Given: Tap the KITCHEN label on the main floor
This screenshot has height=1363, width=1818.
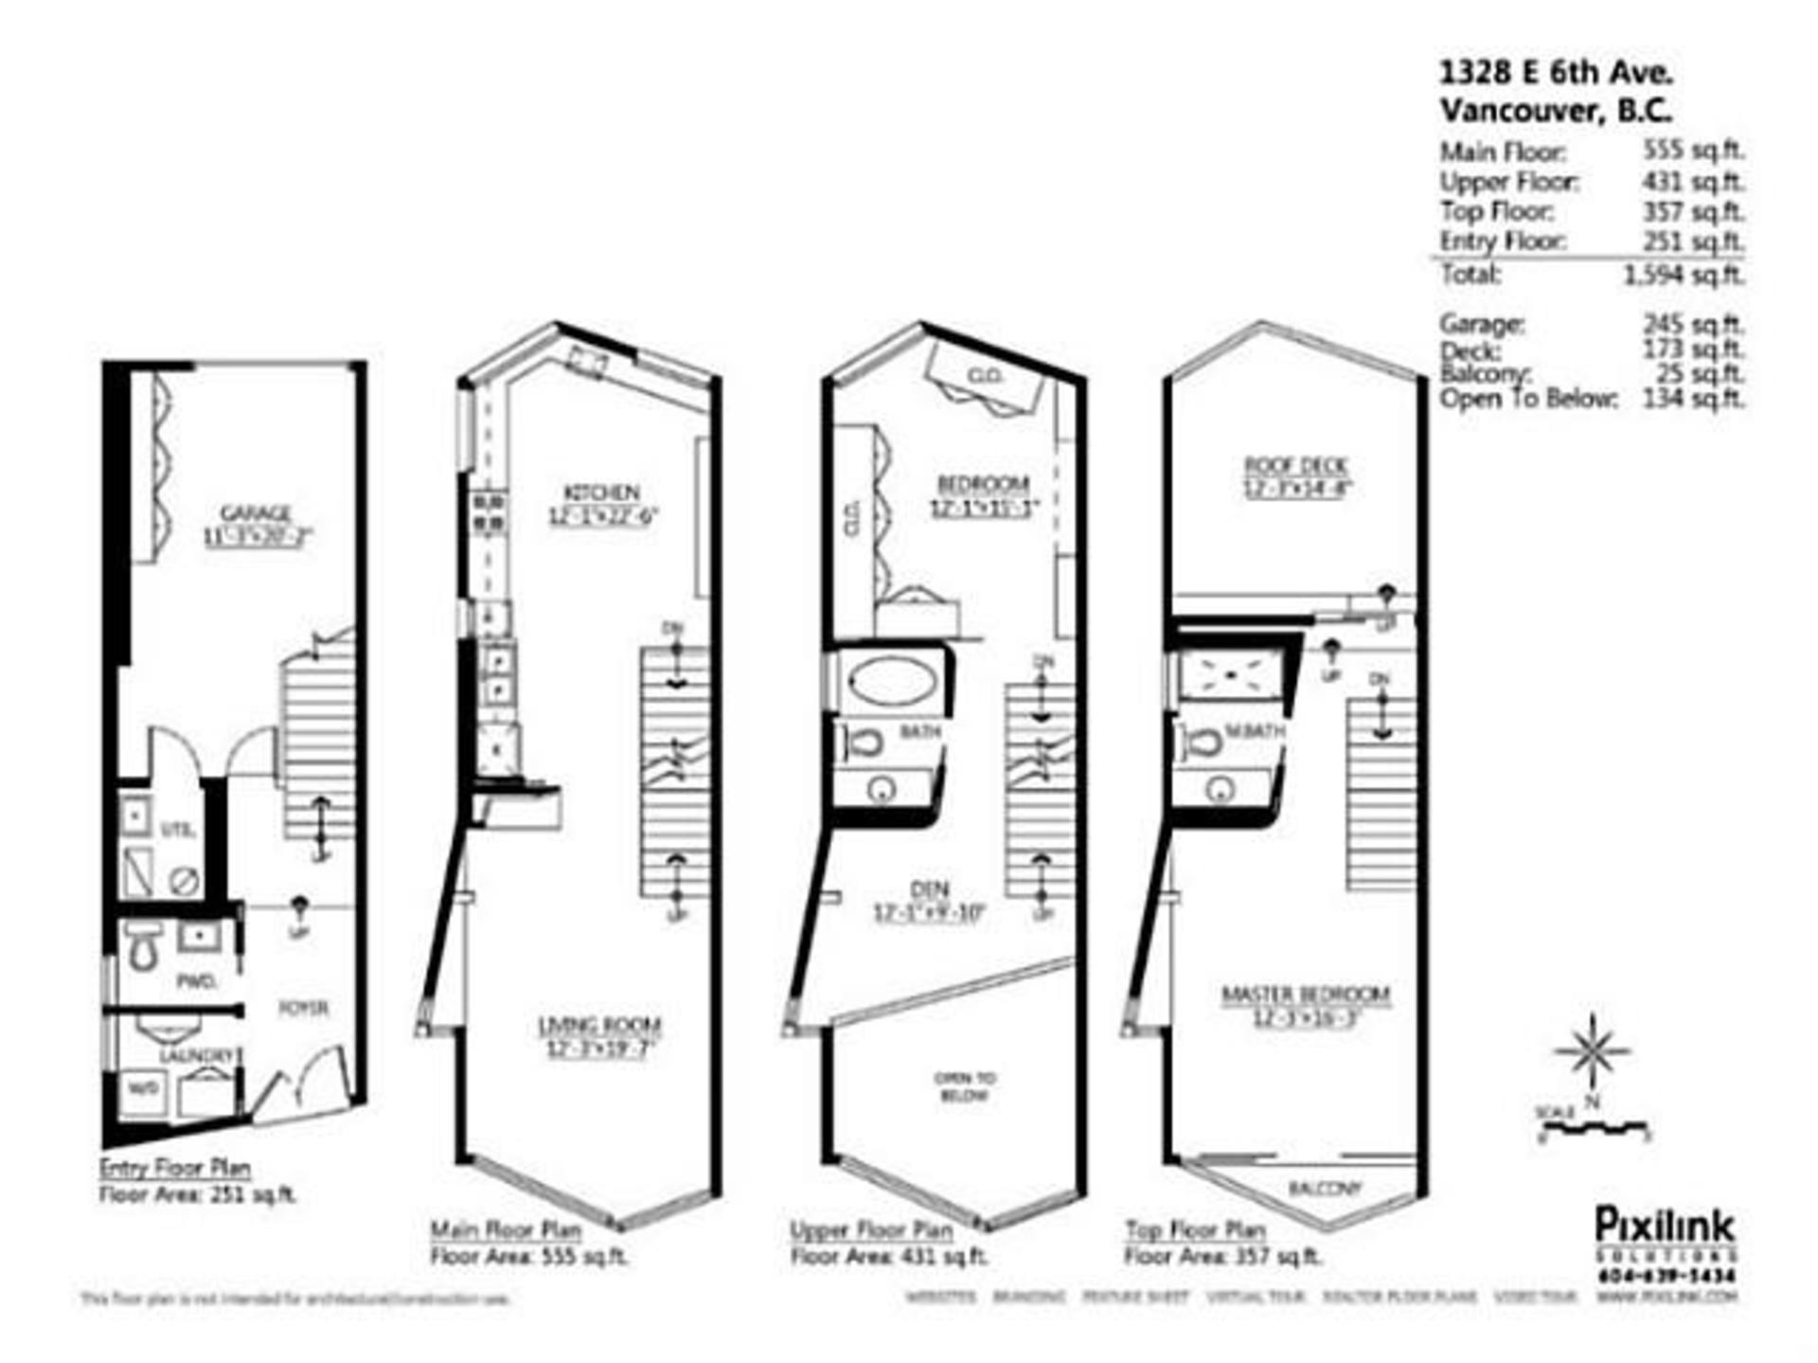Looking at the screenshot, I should pos(602,493).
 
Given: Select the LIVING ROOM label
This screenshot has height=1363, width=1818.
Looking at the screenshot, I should pos(599,1026).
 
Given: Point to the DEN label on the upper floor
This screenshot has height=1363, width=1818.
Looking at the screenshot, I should pos(929,890).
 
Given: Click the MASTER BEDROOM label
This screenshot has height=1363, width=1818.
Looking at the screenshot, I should pos(1306,995).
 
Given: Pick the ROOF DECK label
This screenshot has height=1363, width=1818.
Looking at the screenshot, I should pos(1295,465).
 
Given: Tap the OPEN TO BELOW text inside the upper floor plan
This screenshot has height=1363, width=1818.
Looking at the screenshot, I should pos(964,1086).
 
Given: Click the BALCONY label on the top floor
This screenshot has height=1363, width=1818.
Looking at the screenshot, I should pos(1325,1188).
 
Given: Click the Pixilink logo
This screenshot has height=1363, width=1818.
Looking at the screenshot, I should pos(1665,1225).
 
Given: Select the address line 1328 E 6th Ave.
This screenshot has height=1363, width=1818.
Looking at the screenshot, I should pos(1556,73).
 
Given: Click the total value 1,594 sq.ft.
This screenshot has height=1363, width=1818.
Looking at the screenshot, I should pos(1683,275).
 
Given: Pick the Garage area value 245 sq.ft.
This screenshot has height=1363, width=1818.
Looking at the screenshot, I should pos(1692,324).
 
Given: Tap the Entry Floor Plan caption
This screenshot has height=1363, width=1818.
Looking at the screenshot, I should pos(175,1167).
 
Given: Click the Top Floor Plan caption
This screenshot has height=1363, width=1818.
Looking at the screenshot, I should pos(1195,1230).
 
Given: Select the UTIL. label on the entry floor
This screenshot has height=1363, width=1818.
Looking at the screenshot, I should pos(178,830).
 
